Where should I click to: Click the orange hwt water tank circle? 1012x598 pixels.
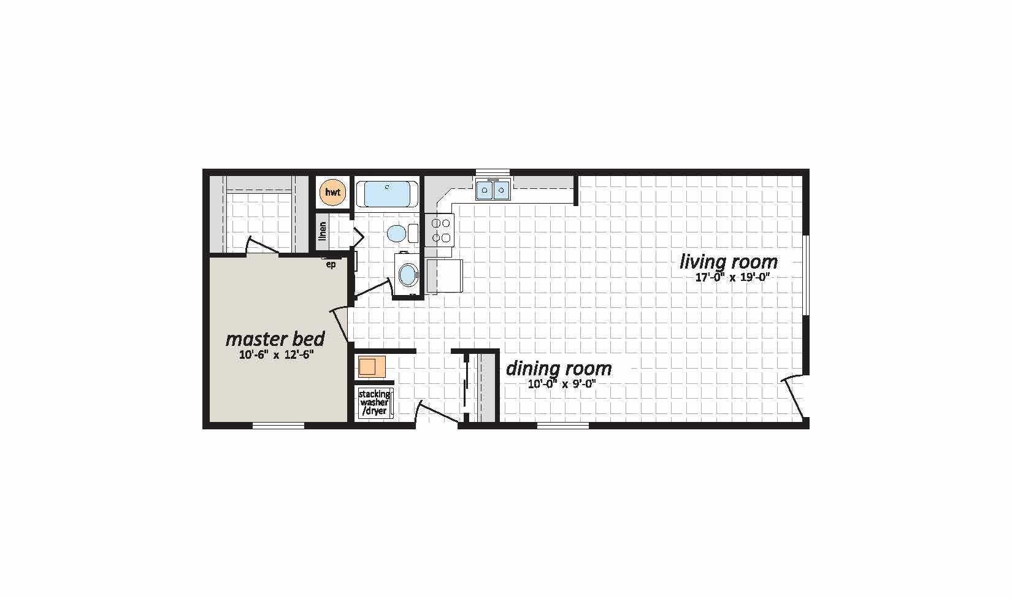[x=333, y=192]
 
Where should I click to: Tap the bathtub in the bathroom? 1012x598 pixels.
[x=387, y=194]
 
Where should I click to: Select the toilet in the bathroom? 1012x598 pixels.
[x=402, y=234]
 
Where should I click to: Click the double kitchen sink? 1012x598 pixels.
[x=493, y=190]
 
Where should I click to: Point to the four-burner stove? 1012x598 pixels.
[x=440, y=230]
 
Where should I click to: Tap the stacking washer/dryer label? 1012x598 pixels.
[x=375, y=402]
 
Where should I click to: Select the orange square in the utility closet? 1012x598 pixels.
[x=372, y=367]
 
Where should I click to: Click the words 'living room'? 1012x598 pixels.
[x=729, y=262]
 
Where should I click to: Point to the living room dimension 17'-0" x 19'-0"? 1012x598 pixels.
[x=732, y=277]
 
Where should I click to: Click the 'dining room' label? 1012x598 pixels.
[x=559, y=369]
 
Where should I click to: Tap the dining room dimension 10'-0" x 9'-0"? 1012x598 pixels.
[x=562, y=385]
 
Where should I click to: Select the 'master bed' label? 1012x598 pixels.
[x=275, y=339]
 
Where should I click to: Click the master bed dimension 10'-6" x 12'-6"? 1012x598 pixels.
[x=277, y=355]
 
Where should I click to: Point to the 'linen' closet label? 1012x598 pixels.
[x=322, y=231]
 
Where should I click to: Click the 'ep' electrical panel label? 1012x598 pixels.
[x=331, y=265]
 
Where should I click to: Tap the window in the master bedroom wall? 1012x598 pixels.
[x=278, y=426]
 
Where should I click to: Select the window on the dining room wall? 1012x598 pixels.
[x=563, y=426]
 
